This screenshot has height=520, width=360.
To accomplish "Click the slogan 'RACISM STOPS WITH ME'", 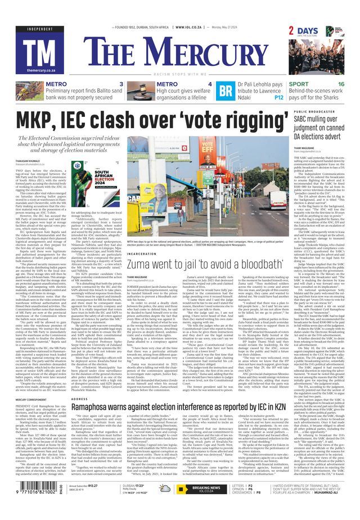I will (x=183, y=74).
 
